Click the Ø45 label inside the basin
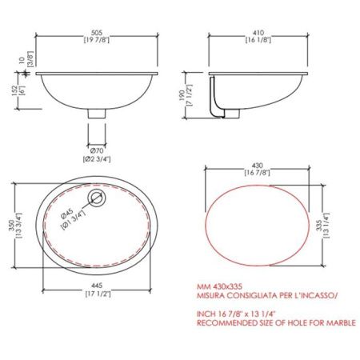pos(66,214)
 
